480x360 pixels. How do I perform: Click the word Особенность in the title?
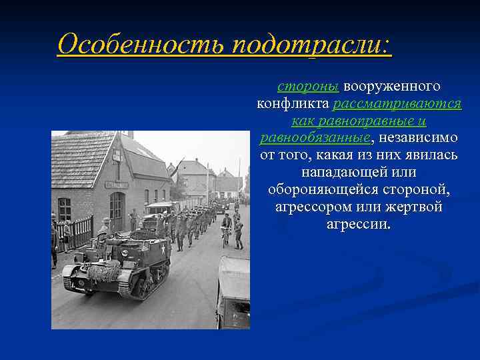143,45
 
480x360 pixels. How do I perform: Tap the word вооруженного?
392,87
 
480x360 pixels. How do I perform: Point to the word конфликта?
293,104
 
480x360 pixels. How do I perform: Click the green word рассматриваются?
397,104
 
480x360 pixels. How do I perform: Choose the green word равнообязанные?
315,138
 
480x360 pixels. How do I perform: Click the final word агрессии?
359,224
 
